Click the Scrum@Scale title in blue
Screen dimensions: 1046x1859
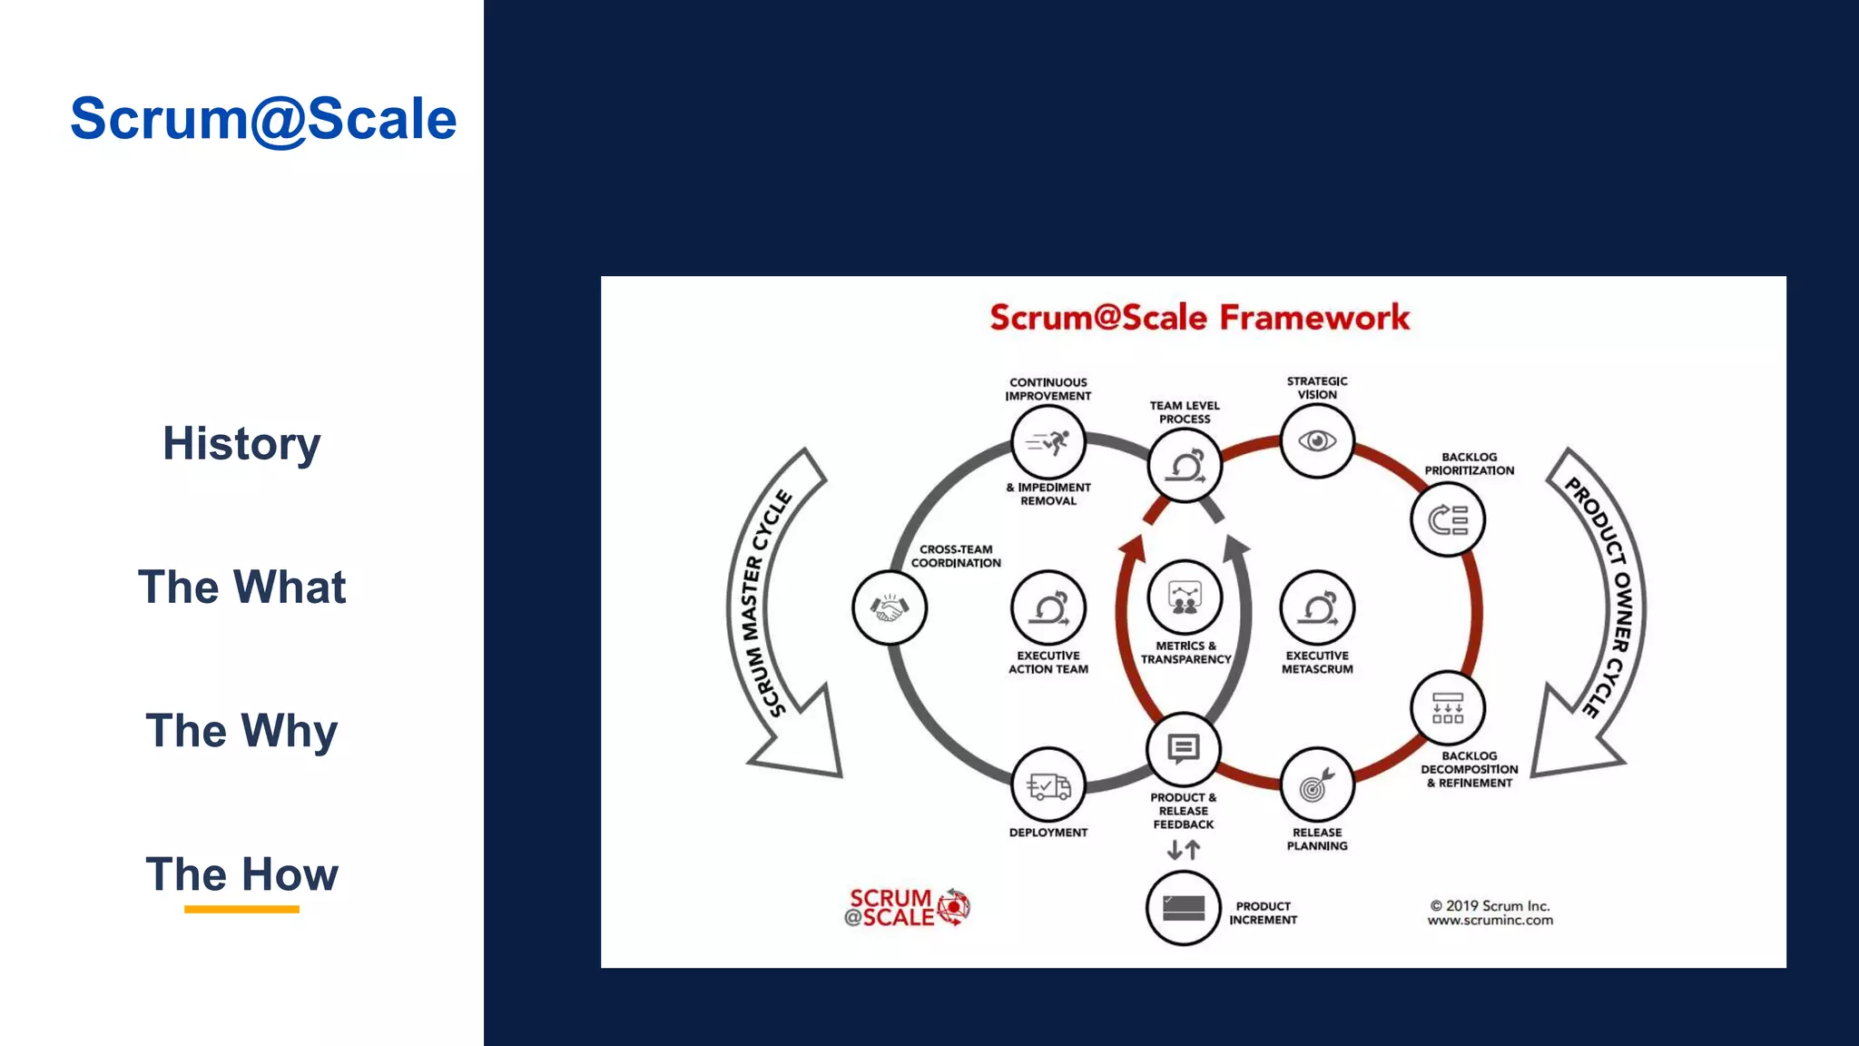263,119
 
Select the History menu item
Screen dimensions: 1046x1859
241,444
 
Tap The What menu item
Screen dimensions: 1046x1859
241,587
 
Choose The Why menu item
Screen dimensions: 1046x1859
241,731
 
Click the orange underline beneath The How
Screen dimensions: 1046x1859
241,909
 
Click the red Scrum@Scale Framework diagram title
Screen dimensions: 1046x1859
1199,318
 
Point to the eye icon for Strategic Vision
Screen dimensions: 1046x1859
1316,441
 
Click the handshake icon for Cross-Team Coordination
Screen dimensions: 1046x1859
890,607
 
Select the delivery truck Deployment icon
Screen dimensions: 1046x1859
1048,785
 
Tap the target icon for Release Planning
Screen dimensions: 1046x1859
1316,785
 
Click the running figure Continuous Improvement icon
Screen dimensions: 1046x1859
1048,442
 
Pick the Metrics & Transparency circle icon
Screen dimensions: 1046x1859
1185,598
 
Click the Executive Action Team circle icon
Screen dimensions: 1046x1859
1048,607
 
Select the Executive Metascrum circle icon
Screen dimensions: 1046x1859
1316,607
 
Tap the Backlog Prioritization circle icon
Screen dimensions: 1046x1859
1447,520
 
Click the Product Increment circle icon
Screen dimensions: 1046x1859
1183,908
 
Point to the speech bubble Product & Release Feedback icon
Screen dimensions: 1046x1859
1183,749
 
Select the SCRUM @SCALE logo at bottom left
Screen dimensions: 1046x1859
906,908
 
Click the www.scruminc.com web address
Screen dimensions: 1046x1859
1490,921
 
